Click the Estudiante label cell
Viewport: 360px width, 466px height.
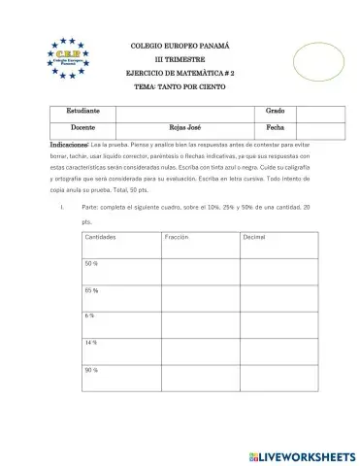pyautogui.click(x=82, y=112)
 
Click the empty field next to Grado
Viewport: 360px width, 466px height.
pyautogui.click(x=315, y=112)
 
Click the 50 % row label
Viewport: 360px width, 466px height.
pyautogui.click(x=92, y=264)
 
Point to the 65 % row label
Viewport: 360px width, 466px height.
pyautogui.click(x=92, y=290)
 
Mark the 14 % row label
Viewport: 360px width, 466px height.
pyautogui.click(x=92, y=343)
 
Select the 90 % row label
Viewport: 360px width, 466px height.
pyautogui.click(x=92, y=370)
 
